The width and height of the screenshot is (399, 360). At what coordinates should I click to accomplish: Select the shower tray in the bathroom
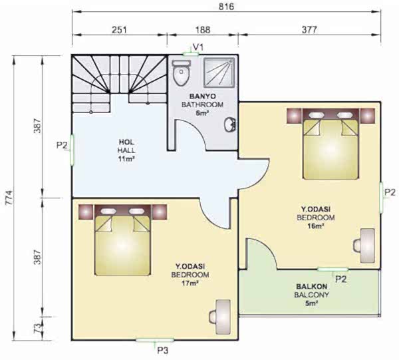click(x=219, y=73)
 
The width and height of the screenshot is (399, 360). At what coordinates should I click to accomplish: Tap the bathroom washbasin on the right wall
click(x=230, y=124)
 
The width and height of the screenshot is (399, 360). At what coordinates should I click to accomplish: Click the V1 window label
click(x=198, y=47)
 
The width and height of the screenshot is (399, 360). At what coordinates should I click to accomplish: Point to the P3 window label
click(x=163, y=351)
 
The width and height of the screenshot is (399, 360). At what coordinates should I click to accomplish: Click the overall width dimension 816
click(x=226, y=7)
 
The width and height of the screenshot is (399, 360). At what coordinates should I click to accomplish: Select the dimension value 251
click(x=119, y=30)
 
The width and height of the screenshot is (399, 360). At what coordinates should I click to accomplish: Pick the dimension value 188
click(x=203, y=30)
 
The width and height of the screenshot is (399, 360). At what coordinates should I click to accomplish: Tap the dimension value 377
click(x=309, y=30)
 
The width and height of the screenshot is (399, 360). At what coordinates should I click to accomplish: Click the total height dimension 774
click(x=9, y=198)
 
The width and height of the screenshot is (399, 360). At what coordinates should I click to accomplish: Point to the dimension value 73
click(x=37, y=328)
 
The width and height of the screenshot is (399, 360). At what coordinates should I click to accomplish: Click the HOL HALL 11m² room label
click(x=126, y=150)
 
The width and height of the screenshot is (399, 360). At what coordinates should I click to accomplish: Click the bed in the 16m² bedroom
click(x=331, y=144)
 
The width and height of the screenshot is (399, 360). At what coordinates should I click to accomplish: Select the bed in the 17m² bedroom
click(x=122, y=240)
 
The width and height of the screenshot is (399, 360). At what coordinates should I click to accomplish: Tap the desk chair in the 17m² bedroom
click(x=220, y=317)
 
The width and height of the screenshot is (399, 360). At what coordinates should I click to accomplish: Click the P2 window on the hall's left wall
click(x=72, y=150)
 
